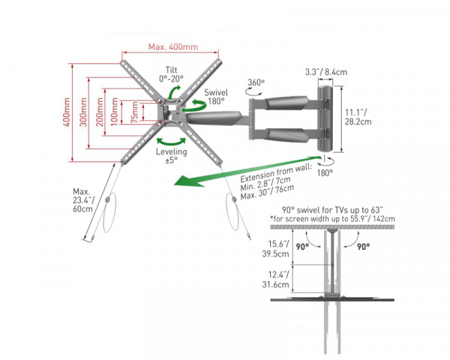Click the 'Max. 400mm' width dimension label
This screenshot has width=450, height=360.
[172, 46]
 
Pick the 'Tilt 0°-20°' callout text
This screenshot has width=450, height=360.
[170, 72]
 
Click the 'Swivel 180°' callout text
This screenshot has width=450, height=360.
[216, 97]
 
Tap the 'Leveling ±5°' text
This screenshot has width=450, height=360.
[170, 155]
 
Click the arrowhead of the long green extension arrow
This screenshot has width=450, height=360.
[174, 184]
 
